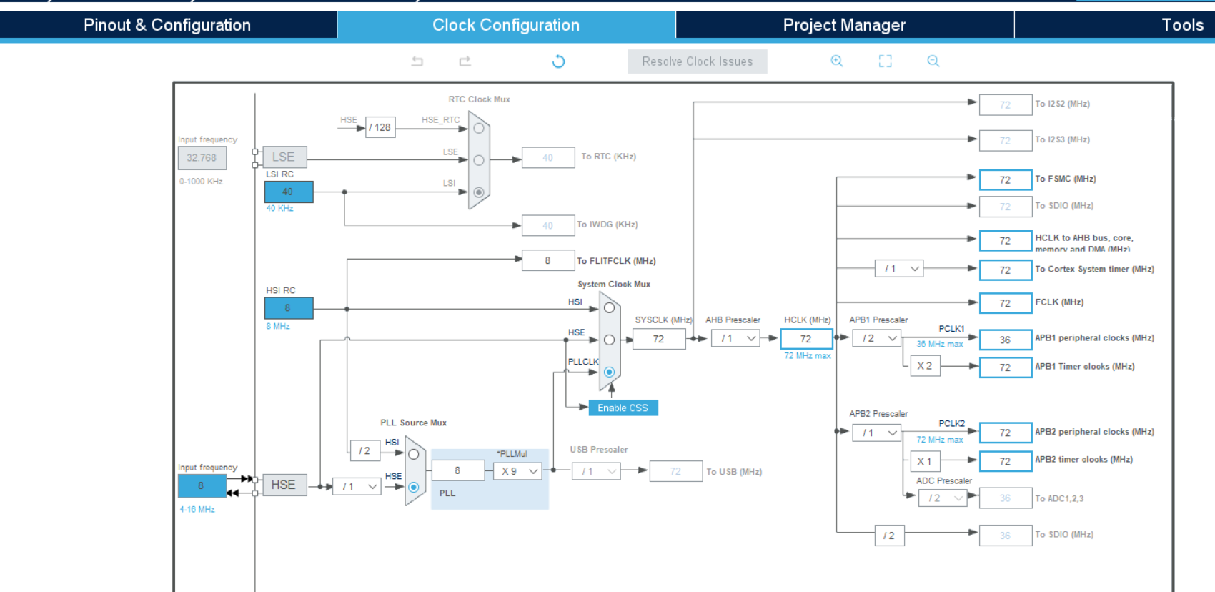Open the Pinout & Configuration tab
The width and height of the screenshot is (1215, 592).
(x=167, y=25)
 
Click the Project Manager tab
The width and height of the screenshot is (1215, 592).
(x=844, y=25)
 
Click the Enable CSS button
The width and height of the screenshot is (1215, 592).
(x=623, y=408)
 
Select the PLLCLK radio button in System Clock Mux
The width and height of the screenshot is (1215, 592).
(x=609, y=372)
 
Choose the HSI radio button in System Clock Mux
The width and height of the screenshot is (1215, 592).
(x=609, y=308)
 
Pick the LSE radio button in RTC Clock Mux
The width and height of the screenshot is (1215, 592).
(x=479, y=160)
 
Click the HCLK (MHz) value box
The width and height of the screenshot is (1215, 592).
(x=806, y=339)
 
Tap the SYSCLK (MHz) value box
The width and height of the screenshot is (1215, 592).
(x=658, y=339)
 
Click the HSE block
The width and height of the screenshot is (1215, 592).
(x=283, y=485)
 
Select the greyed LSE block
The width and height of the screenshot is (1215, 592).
(x=283, y=157)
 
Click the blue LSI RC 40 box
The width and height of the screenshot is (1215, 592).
(x=288, y=192)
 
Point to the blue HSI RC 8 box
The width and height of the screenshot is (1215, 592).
(x=288, y=308)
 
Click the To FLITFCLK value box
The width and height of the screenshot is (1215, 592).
(x=547, y=260)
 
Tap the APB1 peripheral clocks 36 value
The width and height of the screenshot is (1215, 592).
(x=1005, y=340)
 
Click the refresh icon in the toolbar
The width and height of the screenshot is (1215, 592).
(x=558, y=61)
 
